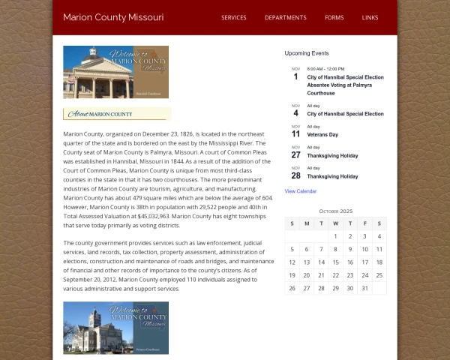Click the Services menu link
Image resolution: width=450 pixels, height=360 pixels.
[233, 17]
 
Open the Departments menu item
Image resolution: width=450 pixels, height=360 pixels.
[285, 17]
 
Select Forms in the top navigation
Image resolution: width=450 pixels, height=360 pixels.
[334, 17]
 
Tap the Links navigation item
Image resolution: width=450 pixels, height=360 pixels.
[370, 17]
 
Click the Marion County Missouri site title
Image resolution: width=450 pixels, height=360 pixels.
[113, 17]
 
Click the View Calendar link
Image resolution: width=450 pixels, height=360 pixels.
[301, 191]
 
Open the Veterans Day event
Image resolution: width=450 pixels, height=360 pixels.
[322, 135]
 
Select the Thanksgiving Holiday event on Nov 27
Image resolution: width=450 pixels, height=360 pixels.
[332, 155]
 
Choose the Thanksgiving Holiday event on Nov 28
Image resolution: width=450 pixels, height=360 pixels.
[332, 176]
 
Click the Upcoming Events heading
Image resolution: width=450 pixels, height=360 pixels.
[306, 53]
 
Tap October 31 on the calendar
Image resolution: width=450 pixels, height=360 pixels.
[364, 288]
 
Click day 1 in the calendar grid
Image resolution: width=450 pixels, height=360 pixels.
[335, 236]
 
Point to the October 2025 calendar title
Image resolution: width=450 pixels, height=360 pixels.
[335, 211]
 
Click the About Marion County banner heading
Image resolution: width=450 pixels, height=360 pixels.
[116, 114]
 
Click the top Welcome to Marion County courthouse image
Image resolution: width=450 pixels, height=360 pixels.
[115, 72]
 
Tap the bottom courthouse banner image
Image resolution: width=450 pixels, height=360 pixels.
[115, 328]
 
